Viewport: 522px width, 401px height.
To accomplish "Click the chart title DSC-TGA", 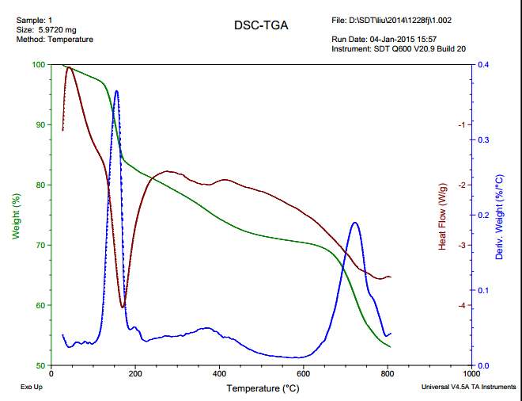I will pos(261,25).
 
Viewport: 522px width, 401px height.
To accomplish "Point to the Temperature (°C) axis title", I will pos(263,388).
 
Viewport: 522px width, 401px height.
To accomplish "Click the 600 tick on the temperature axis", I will pos(304,373).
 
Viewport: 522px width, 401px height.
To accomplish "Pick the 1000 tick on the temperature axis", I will pos(471,373).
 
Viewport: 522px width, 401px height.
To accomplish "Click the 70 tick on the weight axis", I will pos(41,245).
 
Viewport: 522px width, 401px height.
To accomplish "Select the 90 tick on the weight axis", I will pos(41,124).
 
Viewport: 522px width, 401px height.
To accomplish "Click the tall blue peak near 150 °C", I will pos(117,91).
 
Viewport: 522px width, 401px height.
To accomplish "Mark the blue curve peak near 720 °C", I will pos(354,223).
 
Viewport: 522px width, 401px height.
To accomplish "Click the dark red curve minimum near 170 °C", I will pos(123,307).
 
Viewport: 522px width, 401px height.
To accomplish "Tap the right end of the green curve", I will pos(391,347).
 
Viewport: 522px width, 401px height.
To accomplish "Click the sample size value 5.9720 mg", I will pos(55,29).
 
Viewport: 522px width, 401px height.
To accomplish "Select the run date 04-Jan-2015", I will pos(393,39).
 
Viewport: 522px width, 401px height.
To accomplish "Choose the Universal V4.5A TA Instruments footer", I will pos(468,388).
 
